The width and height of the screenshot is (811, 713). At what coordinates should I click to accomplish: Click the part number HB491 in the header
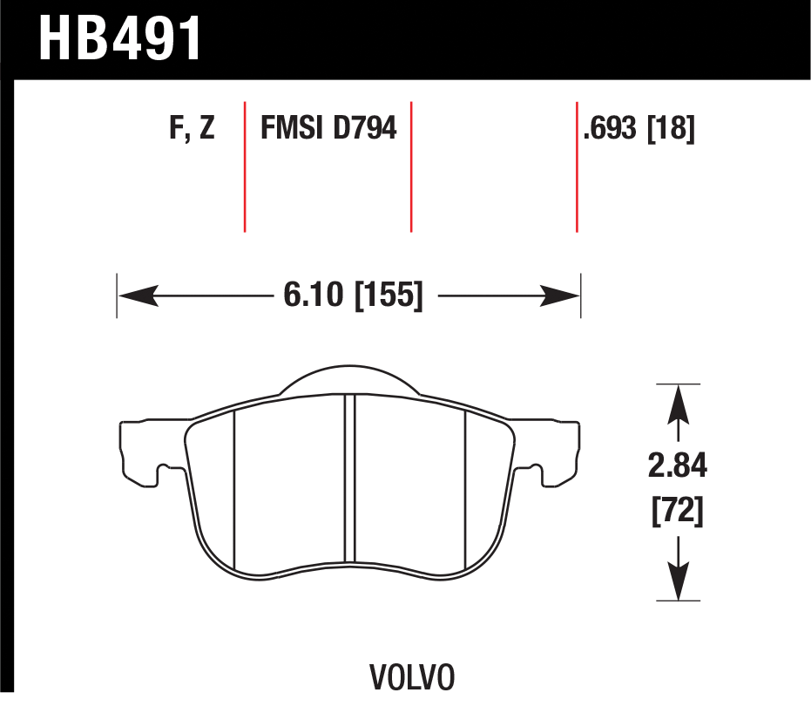(x=119, y=38)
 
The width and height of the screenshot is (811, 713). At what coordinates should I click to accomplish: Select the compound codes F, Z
(x=192, y=128)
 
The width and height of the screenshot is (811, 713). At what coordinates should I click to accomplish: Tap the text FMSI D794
(x=328, y=128)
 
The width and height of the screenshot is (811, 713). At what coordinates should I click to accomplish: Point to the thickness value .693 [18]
(x=639, y=128)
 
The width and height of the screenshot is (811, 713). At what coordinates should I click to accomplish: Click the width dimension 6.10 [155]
(x=354, y=295)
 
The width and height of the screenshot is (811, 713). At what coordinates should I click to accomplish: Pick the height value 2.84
(x=677, y=465)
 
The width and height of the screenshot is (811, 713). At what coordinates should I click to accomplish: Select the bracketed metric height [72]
(x=677, y=511)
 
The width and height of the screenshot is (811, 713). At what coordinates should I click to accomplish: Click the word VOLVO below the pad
(x=412, y=677)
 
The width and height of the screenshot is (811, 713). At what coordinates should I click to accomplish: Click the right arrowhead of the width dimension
(x=559, y=295)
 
